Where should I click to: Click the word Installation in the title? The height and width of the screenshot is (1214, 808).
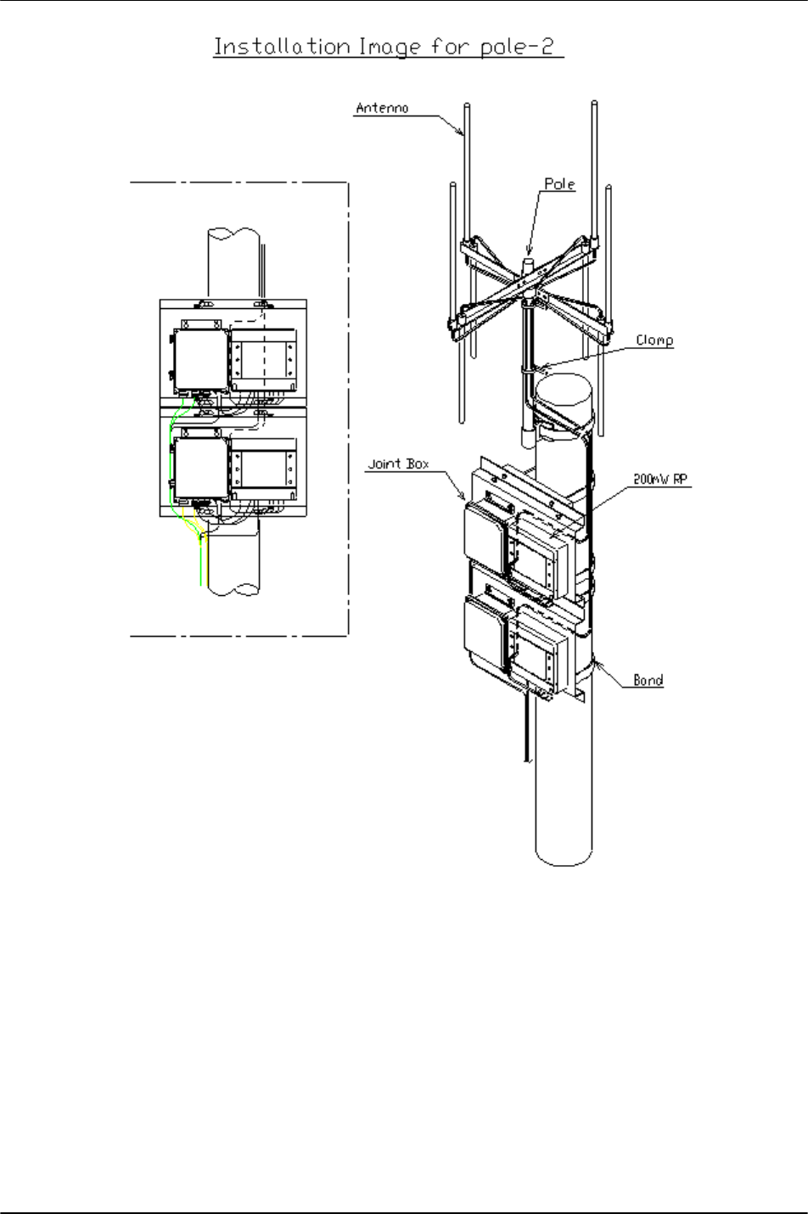click(x=282, y=47)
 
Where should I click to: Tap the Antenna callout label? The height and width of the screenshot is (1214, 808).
click(x=382, y=108)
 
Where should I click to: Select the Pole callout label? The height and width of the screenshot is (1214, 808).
click(x=559, y=184)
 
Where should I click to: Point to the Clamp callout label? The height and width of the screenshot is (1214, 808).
click(x=654, y=340)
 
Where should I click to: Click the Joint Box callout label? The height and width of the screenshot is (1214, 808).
click(x=398, y=464)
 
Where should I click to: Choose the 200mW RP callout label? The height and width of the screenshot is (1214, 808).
click(x=660, y=479)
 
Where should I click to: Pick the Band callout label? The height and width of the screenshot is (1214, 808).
click(x=648, y=680)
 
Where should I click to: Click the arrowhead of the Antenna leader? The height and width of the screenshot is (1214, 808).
click(x=461, y=132)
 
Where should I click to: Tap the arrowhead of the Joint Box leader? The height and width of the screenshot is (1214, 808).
click(x=463, y=496)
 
